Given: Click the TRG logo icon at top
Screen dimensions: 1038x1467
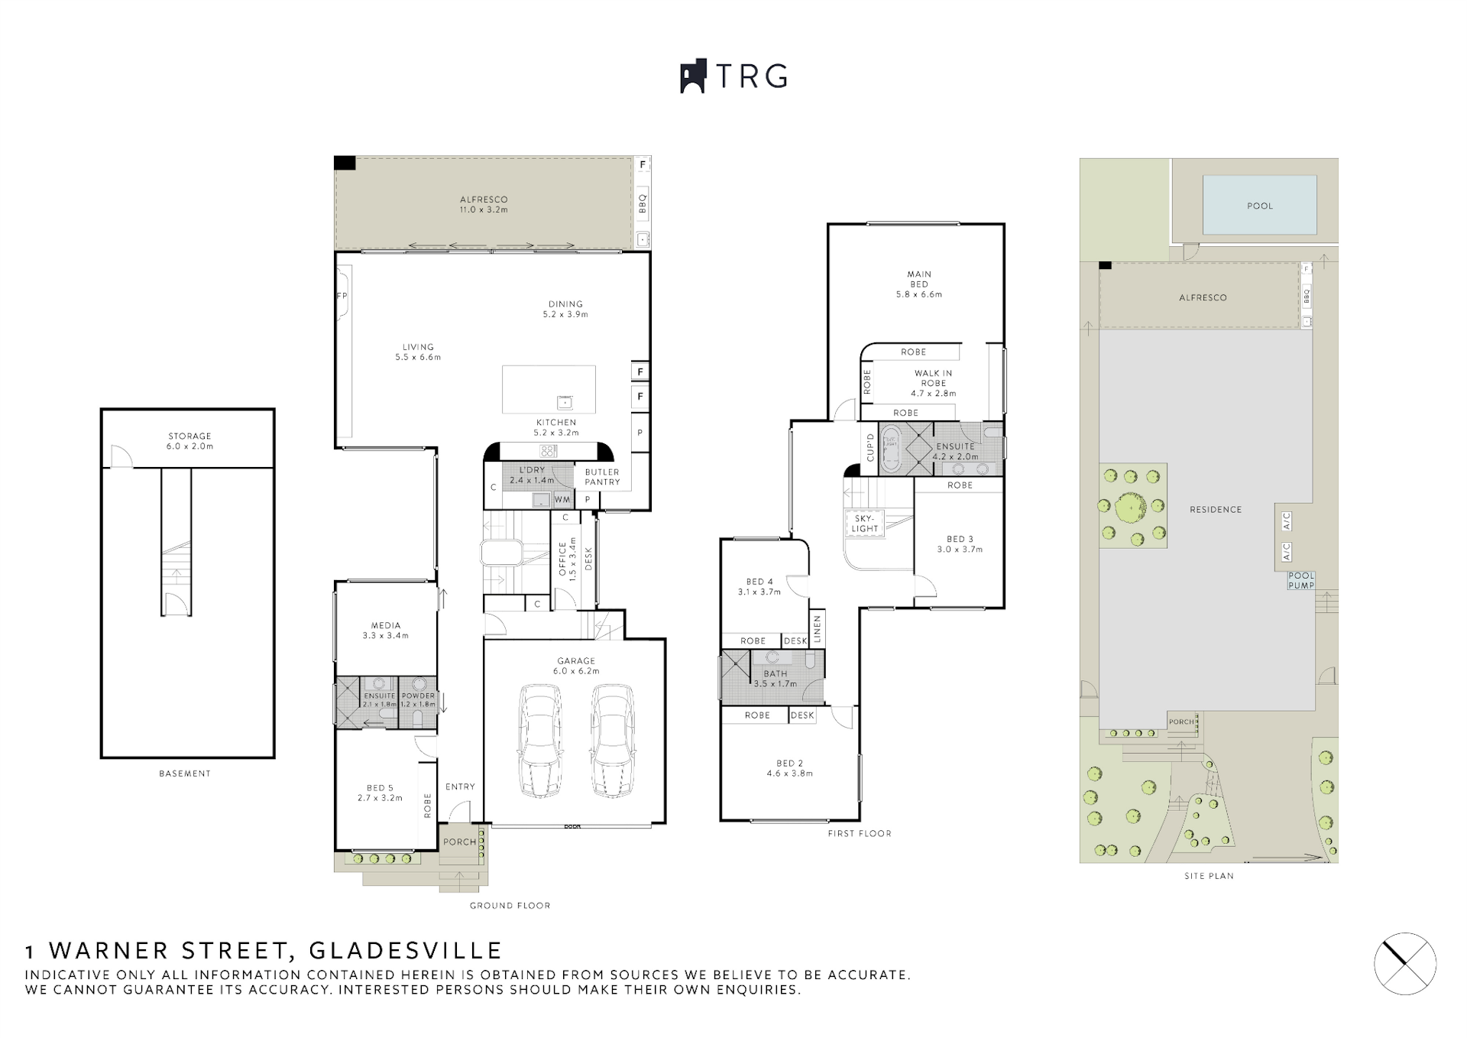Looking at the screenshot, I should tap(692, 76).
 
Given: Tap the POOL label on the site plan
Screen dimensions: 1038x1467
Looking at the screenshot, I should tap(1260, 206).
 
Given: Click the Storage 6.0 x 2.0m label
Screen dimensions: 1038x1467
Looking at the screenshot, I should tap(190, 441).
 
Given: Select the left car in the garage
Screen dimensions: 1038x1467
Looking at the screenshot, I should tap(540, 741).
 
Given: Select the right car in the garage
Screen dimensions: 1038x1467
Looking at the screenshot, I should tap(613, 741).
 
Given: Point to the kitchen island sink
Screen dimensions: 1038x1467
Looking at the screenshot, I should tap(565, 402).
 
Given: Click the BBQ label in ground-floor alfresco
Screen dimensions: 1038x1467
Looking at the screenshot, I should tap(643, 203).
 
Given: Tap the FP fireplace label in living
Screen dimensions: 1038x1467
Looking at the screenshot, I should tap(342, 296).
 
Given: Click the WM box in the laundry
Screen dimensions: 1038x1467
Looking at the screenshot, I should tap(562, 500).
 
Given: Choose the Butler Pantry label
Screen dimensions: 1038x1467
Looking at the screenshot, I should tap(602, 477).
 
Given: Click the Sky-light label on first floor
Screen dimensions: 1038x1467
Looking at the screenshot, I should tap(865, 524).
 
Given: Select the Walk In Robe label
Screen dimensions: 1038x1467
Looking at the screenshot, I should tap(933, 383).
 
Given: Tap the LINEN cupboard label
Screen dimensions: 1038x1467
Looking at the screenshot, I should tap(817, 629).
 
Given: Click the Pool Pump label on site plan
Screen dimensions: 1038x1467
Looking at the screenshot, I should tap(1301, 581).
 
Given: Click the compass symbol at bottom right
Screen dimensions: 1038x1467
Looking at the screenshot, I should tap(1404, 963).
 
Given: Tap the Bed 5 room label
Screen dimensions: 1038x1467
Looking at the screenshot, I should tap(380, 793).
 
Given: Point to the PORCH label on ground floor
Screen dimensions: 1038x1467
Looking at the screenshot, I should tap(459, 842).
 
